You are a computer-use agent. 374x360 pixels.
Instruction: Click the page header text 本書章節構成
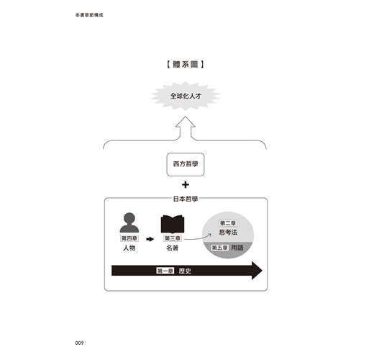pyautogui.click(x=89, y=15)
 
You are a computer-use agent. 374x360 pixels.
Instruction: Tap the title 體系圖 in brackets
pyautogui.click(x=186, y=64)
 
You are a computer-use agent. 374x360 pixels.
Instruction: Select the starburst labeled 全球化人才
pyautogui.click(x=186, y=96)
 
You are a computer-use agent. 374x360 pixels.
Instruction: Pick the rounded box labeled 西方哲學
pyautogui.click(x=186, y=164)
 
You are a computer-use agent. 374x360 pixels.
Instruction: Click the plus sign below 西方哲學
pyautogui.click(x=186, y=185)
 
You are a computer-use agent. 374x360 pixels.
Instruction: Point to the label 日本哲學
pyautogui.click(x=186, y=199)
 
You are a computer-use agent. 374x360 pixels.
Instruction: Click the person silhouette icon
pyautogui.click(x=129, y=222)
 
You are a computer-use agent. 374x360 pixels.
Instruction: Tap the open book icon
pyautogui.click(x=173, y=225)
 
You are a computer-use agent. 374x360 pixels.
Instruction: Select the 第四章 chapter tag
pyautogui.click(x=129, y=238)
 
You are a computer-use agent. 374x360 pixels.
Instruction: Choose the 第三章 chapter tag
pyautogui.click(x=173, y=238)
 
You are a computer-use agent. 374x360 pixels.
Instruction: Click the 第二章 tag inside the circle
pyautogui.click(x=228, y=223)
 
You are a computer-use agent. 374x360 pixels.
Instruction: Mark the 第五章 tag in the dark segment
pyautogui.click(x=219, y=248)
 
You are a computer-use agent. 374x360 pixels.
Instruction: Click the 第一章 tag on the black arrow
pyautogui.click(x=165, y=271)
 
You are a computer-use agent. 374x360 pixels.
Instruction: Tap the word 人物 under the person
pyautogui.click(x=129, y=248)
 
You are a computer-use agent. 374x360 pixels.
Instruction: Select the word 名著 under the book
pyautogui.click(x=173, y=248)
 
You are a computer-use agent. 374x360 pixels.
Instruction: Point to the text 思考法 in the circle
pyautogui.click(x=228, y=233)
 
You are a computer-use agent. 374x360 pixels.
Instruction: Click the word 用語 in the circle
pyautogui.click(x=237, y=248)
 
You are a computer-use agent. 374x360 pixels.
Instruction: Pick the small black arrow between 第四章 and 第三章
pyautogui.click(x=150, y=239)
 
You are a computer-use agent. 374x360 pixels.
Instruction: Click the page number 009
pyautogui.click(x=79, y=343)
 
